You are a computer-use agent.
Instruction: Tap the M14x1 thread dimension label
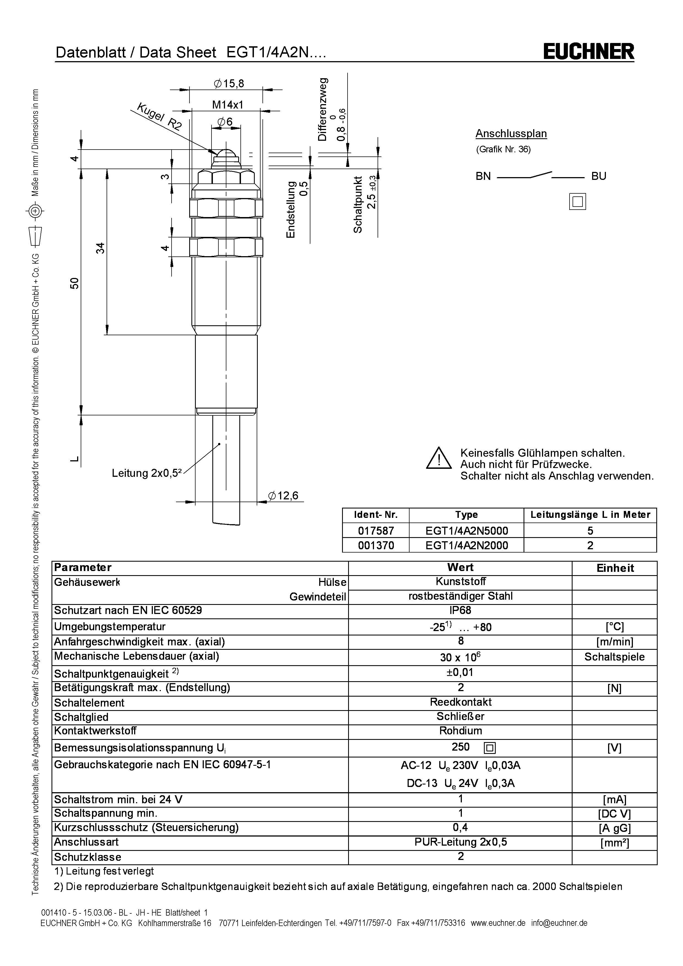click(x=227, y=105)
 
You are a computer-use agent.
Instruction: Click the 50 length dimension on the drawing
click(x=74, y=283)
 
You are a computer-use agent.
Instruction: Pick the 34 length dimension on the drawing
click(x=100, y=248)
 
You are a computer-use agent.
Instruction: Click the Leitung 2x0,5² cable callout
click(x=146, y=473)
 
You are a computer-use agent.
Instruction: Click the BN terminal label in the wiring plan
click(x=483, y=176)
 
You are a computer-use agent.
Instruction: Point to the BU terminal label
click(x=598, y=176)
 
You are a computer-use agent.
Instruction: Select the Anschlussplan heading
click(x=511, y=134)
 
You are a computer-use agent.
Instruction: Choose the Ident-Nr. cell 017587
click(x=376, y=531)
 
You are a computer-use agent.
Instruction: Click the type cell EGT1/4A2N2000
click(x=467, y=545)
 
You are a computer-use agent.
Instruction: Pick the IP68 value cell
click(x=460, y=610)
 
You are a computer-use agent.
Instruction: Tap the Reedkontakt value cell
click(x=460, y=702)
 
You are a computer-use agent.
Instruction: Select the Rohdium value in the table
click(x=460, y=730)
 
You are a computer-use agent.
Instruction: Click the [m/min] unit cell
click(x=614, y=642)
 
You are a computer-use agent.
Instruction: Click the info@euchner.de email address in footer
click(x=559, y=923)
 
